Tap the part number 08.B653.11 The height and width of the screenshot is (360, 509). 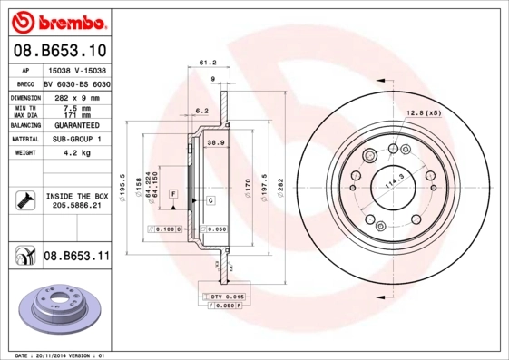(76, 258)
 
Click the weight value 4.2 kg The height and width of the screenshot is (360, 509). (76, 154)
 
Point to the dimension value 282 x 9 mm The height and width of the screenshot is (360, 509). (76, 96)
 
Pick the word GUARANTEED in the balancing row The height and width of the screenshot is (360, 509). (76, 125)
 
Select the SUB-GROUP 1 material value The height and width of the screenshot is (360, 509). (76, 140)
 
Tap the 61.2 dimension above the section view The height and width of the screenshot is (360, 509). (206, 63)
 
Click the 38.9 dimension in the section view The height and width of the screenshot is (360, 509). (216, 143)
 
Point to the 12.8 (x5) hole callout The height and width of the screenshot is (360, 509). (422, 112)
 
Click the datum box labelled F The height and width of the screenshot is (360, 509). (172, 195)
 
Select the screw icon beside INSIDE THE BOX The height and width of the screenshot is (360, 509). (24, 199)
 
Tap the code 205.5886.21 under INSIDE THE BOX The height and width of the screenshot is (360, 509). (76, 206)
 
